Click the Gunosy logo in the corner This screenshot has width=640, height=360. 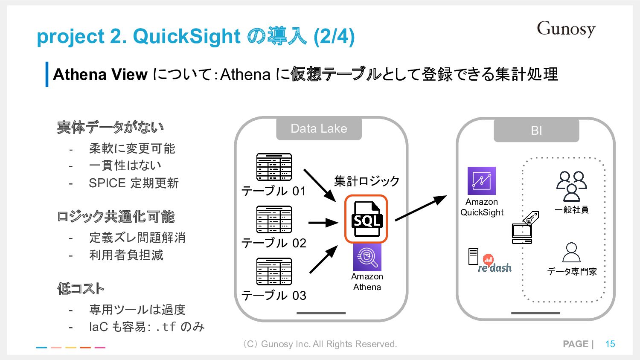pyautogui.click(x=566, y=29)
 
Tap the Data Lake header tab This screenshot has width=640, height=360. pyautogui.click(x=319, y=129)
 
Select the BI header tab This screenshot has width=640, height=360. pyautogui.click(x=536, y=131)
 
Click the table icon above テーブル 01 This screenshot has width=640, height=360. pyautogui.click(x=274, y=167)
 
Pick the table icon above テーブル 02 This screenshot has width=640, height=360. pyautogui.click(x=274, y=219)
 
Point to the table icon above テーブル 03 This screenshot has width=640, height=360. pyautogui.click(x=274, y=271)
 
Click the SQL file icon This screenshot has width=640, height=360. pyautogui.click(x=366, y=219)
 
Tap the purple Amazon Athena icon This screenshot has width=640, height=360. pyautogui.click(x=367, y=257)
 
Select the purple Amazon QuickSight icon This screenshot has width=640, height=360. pyautogui.click(x=481, y=181)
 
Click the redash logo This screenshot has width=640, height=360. pyautogui.click(x=494, y=265)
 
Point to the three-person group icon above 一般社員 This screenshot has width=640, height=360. pyautogui.click(x=571, y=186)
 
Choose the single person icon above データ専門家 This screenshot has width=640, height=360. pyautogui.click(x=571, y=253)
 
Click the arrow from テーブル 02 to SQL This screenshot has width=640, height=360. pyautogui.click(x=323, y=222)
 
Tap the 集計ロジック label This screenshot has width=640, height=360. pyautogui.click(x=367, y=181)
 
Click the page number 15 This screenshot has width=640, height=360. pyautogui.click(x=610, y=344)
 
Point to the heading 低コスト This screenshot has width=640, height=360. pyautogui.click(x=81, y=289)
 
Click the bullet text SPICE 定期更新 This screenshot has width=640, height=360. pyautogui.click(x=134, y=183)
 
